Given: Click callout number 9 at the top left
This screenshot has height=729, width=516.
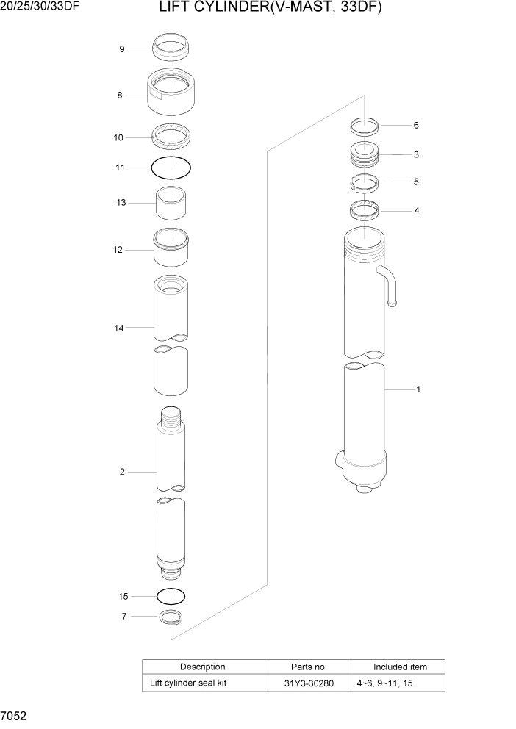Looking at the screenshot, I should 122,49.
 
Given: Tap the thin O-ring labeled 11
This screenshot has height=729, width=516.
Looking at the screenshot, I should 171,168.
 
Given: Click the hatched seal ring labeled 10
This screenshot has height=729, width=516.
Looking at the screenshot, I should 171,136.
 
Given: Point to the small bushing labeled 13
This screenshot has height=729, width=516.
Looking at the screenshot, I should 171,203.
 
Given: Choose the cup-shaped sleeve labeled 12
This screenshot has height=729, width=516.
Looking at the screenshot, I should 171,249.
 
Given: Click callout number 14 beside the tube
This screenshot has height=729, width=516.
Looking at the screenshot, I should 119,328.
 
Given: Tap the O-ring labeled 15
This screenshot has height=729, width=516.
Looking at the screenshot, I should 171,595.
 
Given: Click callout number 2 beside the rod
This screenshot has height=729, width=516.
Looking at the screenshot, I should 122,472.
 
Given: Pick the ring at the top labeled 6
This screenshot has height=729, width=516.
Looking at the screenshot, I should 364,126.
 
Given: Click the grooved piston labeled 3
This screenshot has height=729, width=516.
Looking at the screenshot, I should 364,155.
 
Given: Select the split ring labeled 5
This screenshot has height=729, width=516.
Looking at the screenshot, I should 364,182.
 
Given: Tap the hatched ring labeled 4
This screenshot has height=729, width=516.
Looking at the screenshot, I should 364,211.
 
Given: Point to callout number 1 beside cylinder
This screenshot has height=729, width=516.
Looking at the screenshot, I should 418,389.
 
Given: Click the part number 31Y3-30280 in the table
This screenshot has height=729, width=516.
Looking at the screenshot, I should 309,683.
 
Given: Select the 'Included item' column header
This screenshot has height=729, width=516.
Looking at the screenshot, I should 400,667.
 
